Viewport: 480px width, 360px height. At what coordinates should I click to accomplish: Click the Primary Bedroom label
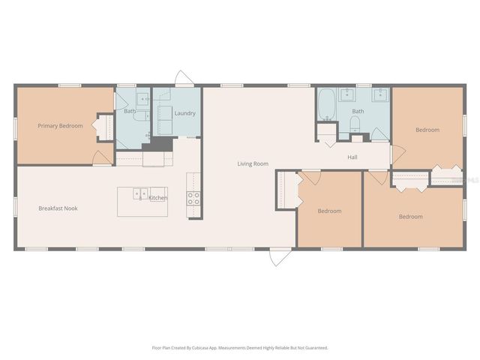coord(60,126)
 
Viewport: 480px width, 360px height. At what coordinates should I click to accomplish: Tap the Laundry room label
coord(184,113)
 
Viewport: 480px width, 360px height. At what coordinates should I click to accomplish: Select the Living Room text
coord(253,163)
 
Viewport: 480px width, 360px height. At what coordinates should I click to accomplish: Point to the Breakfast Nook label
coord(58,208)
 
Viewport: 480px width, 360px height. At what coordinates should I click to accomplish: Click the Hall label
coord(352,157)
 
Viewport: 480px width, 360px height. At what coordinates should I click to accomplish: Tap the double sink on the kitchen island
coord(140,194)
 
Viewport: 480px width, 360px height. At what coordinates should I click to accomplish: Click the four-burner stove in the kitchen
coord(193,198)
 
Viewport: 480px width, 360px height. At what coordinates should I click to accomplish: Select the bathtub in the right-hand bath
coord(326,105)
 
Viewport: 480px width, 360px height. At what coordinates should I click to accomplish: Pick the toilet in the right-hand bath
coord(355,136)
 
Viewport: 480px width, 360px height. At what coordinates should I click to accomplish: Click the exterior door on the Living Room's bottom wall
coord(280,256)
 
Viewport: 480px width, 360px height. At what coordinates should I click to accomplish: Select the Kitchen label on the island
coord(157,198)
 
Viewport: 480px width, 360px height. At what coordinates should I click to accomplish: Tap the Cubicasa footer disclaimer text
coord(239,348)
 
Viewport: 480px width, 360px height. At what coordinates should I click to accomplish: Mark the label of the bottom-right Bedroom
coord(410,217)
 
